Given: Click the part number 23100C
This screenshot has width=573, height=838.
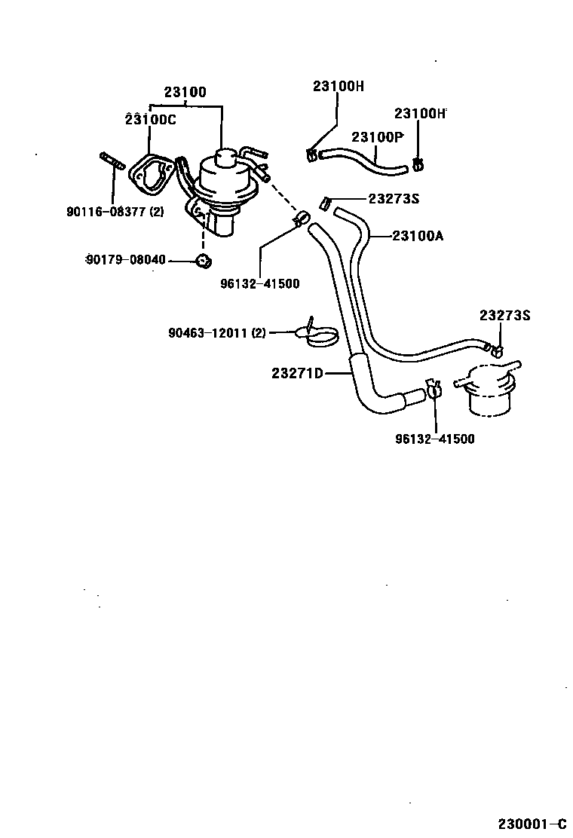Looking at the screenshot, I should (x=151, y=119).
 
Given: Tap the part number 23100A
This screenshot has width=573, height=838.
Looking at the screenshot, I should (x=417, y=236).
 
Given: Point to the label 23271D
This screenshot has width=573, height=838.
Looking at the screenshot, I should (x=297, y=372).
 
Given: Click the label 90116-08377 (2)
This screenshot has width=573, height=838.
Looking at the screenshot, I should (x=115, y=212).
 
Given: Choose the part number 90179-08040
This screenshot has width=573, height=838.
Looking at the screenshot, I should (x=125, y=260).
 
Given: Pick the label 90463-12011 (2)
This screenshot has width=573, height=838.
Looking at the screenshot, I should (x=217, y=332).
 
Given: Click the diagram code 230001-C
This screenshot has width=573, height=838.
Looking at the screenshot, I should (x=531, y=823).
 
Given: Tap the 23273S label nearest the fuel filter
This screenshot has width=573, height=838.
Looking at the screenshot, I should (x=504, y=315).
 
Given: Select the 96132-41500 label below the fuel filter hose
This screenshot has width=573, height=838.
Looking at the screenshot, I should (x=435, y=439).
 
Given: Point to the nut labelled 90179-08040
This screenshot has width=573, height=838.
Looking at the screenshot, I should (x=202, y=261).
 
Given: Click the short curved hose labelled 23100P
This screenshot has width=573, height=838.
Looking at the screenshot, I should (x=365, y=159).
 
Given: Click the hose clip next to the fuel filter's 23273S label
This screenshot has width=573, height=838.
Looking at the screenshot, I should (x=496, y=350).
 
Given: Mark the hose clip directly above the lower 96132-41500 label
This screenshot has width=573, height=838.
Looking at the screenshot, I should (x=434, y=390).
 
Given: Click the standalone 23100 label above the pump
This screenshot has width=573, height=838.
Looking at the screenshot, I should (x=185, y=93).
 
